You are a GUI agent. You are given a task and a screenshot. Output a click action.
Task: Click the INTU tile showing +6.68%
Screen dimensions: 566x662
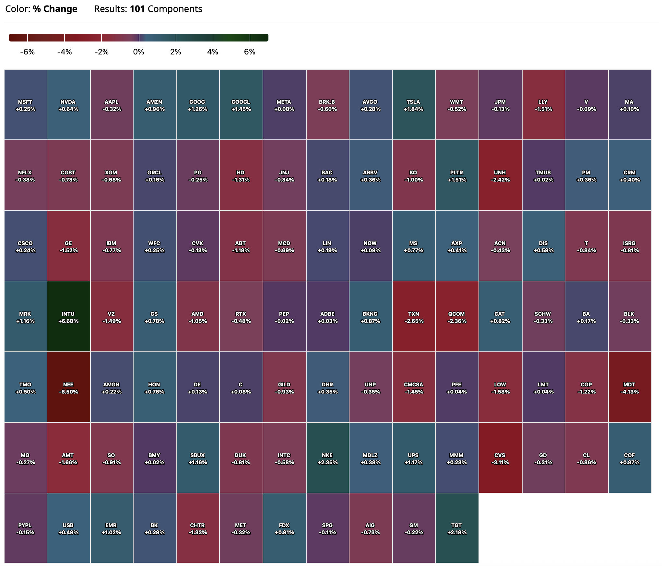[x=68, y=316]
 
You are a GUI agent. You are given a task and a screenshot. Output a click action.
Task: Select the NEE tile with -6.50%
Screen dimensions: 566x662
[x=68, y=387]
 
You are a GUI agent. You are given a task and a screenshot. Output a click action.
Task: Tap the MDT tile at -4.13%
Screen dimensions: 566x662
[x=630, y=387]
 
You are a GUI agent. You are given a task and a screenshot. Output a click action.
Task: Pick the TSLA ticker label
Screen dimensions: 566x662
[x=413, y=102]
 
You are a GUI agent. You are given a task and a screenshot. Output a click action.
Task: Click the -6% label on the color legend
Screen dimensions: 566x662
[x=27, y=52]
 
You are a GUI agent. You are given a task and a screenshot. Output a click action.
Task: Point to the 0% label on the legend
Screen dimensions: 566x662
[x=138, y=52]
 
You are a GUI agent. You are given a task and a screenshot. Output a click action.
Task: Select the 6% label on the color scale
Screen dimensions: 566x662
[x=250, y=52]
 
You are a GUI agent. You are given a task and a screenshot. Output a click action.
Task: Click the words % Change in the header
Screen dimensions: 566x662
[x=55, y=9]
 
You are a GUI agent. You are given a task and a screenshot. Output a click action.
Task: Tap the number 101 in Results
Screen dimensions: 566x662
[x=137, y=9]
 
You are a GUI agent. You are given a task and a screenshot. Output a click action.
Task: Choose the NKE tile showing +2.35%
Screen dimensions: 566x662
[x=327, y=458]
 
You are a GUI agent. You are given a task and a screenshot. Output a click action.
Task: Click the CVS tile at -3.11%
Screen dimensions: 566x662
[x=500, y=458]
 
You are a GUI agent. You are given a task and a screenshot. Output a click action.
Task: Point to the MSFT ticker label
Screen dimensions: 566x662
[x=25, y=102]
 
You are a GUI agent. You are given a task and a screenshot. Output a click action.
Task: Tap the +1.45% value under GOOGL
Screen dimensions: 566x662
[x=241, y=109]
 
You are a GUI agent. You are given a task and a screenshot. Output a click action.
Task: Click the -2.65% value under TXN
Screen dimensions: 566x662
[x=414, y=321]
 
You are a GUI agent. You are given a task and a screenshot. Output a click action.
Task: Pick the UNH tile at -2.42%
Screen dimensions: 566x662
[x=500, y=175]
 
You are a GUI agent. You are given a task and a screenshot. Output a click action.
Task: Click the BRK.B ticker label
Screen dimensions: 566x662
[x=327, y=102]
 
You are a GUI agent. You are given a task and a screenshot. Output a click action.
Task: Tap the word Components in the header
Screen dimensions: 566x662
[x=175, y=9]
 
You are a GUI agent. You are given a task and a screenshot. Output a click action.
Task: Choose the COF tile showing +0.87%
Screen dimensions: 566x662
[x=630, y=458]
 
